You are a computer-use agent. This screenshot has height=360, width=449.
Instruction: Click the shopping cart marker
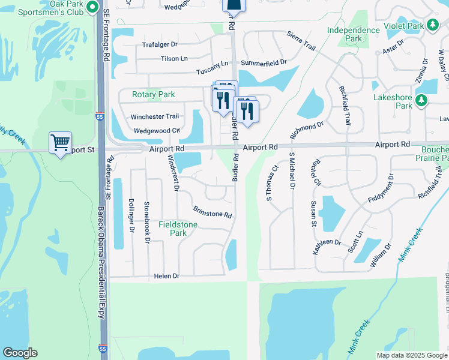click(x=60, y=143)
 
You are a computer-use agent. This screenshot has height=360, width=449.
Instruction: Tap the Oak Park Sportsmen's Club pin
click(x=92, y=7)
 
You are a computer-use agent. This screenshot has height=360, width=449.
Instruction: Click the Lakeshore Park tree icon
click(x=421, y=100)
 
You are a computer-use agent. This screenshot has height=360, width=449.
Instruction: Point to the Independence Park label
click(x=354, y=34)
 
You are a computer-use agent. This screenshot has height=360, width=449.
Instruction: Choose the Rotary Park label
click(x=154, y=95)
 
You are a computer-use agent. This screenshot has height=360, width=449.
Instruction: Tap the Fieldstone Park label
click(x=178, y=229)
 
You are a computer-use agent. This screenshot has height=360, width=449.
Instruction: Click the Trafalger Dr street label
click(x=160, y=44)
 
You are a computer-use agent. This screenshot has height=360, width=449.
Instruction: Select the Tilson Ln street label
click(x=174, y=59)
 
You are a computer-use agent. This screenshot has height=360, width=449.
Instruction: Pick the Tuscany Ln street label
click(x=212, y=71)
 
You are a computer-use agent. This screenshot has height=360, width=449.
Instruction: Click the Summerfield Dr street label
click(x=264, y=62)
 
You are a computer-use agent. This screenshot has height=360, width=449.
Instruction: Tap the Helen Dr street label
click(x=167, y=276)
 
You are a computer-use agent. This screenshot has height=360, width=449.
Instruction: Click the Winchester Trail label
click(x=156, y=116)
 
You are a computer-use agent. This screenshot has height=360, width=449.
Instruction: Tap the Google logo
click(x=20, y=353)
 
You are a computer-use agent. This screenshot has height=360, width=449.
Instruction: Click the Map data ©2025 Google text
click(x=411, y=355)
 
